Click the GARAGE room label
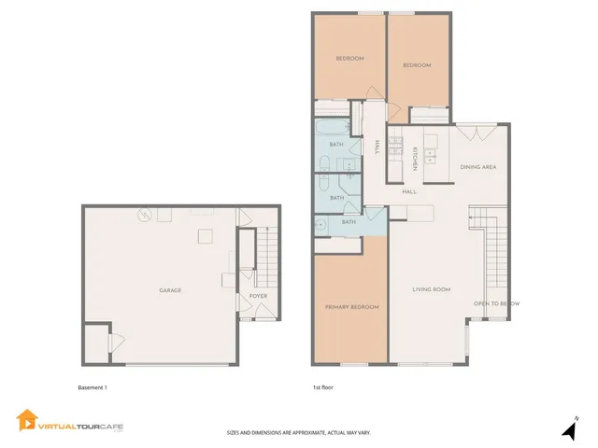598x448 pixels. pyautogui.click(x=170, y=290)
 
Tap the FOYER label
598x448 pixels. pyautogui.click(x=257, y=297)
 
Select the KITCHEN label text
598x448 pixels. pyautogui.click(x=415, y=159)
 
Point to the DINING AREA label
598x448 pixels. pyautogui.click(x=477, y=167)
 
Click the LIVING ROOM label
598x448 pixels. pyautogui.click(x=432, y=289)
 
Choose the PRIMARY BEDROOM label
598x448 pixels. pyautogui.click(x=351, y=307)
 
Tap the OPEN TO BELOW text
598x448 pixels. pyautogui.click(x=496, y=304)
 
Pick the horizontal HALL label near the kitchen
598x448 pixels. pyautogui.click(x=409, y=191)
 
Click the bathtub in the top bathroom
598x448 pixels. pyautogui.click(x=331, y=127)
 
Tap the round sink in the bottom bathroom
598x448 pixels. pyautogui.click(x=320, y=223)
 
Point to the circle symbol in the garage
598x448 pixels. pyautogui.click(x=145, y=216)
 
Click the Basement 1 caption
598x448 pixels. pyautogui.click(x=93, y=386)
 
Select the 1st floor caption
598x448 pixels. pyautogui.click(x=323, y=386)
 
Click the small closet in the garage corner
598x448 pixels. pyautogui.click(x=96, y=343)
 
